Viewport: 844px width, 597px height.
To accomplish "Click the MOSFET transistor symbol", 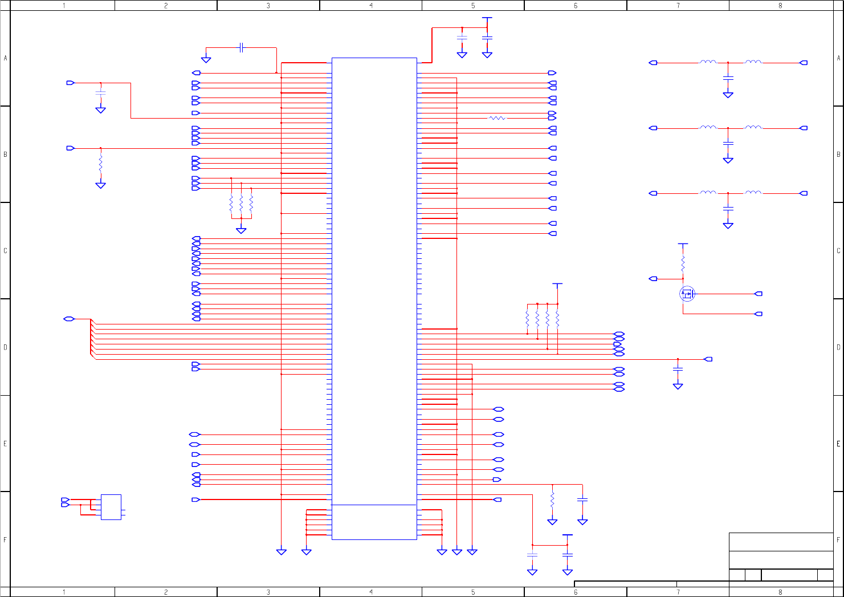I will (x=687, y=294).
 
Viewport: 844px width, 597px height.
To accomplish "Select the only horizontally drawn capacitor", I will (x=242, y=47).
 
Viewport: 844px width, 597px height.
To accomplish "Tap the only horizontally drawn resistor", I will (x=497, y=118).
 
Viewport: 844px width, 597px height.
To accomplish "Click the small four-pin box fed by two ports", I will (x=111, y=507).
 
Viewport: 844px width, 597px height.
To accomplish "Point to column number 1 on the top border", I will (x=64, y=5).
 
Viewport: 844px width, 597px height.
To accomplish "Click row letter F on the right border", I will (x=838, y=539).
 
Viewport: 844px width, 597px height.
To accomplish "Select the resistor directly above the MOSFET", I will (x=683, y=263).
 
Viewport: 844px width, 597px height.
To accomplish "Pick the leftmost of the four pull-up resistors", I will (x=528, y=319).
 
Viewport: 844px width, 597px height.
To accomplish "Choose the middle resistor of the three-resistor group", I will (x=241, y=202).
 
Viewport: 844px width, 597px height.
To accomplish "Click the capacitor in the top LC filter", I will (x=728, y=78).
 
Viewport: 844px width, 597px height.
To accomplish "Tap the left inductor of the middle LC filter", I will (x=708, y=128).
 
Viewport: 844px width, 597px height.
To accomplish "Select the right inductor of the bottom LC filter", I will (x=753, y=193).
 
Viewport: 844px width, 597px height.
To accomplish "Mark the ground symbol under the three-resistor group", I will (x=241, y=230).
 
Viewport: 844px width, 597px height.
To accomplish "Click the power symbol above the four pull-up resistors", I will (x=557, y=284).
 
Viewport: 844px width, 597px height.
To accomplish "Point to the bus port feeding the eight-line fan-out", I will (x=69, y=319).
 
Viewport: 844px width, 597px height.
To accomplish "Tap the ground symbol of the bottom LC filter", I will (x=728, y=226).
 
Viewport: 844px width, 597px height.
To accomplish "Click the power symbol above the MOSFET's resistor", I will (x=683, y=245).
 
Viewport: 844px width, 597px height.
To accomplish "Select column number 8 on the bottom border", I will (x=780, y=592).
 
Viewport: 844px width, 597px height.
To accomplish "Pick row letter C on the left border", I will (x=5, y=250).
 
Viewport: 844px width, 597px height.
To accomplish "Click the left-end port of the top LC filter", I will (x=653, y=63).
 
